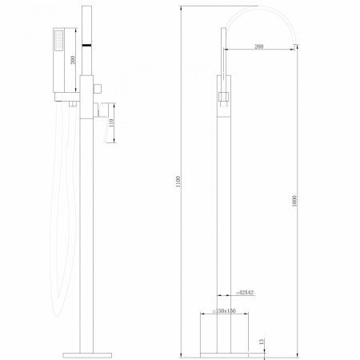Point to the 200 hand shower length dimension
coord(74,61)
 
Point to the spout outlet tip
coord(299,39)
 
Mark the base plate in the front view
coord(225,350)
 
